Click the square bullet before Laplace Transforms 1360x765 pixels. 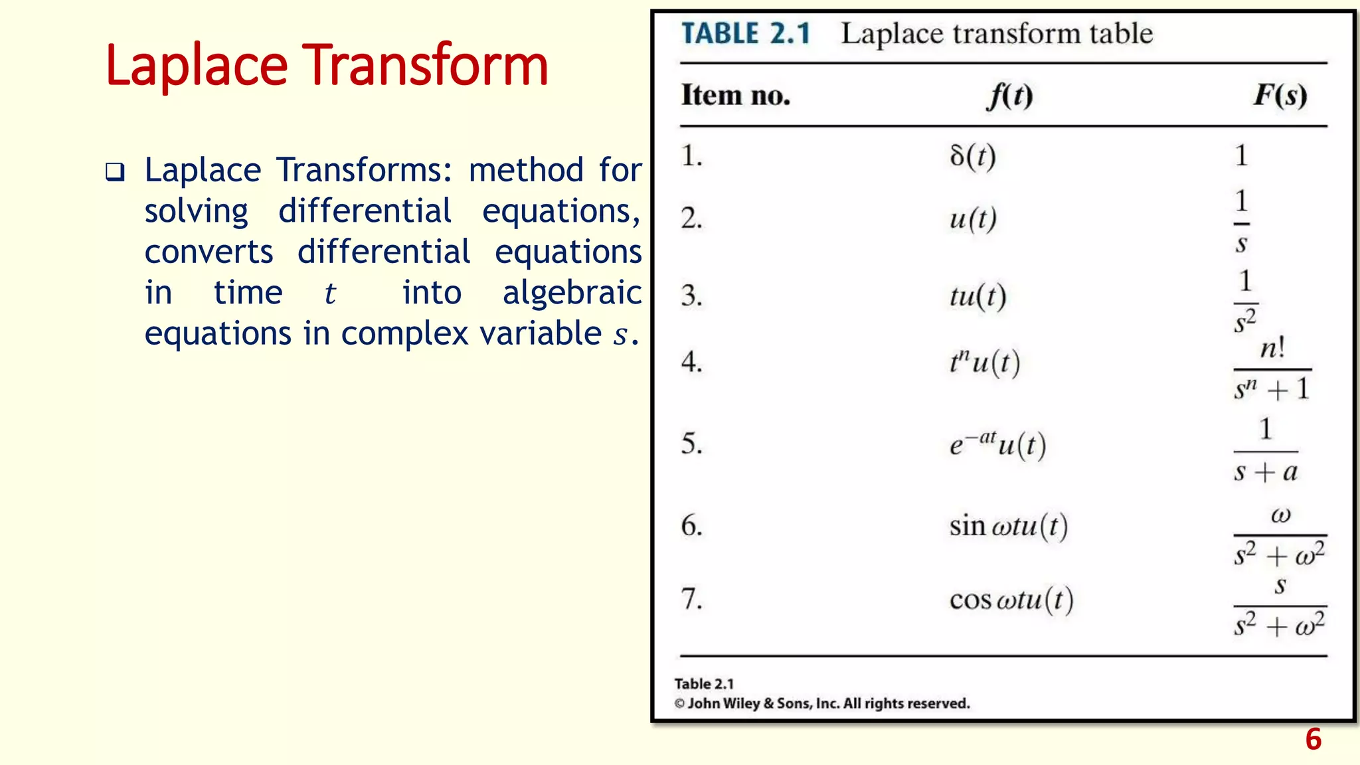[x=115, y=173]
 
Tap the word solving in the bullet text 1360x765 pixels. [x=197, y=212]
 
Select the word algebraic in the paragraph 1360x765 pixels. [x=572, y=293]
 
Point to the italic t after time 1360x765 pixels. [x=330, y=294]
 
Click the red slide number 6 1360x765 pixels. [x=1313, y=739]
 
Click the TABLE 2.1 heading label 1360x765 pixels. [x=746, y=34]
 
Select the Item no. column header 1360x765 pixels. [x=736, y=96]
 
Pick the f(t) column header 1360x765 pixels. [x=1009, y=96]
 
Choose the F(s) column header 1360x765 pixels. [x=1280, y=96]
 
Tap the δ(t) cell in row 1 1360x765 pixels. [x=973, y=156]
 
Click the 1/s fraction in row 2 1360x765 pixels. [x=1241, y=221]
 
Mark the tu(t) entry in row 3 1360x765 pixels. [x=977, y=296]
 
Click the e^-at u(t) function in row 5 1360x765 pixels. [x=997, y=444]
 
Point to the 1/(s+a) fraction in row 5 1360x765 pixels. [x=1266, y=450]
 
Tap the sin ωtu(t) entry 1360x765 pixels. [x=1008, y=527]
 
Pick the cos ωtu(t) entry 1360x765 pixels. [x=1011, y=600]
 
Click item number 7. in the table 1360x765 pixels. [x=692, y=599]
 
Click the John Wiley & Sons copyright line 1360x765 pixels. [x=822, y=703]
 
